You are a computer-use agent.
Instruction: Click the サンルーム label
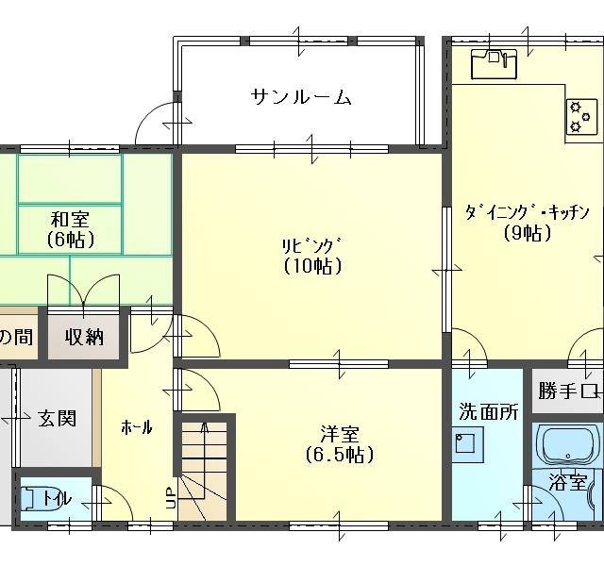[301, 97]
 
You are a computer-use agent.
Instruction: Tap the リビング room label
[312, 244]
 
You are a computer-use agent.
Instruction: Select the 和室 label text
[70, 220]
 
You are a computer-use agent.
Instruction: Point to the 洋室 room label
[340, 434]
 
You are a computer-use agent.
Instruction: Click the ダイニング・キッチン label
[527, 211]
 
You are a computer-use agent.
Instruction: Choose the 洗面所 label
[489, 411]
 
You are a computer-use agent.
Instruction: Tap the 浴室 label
[568, 483]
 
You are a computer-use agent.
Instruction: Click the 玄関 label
[58, 418]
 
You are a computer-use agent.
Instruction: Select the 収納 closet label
[85, 337]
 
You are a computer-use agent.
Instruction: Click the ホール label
[137, 427]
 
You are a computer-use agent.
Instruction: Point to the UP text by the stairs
[170, 497]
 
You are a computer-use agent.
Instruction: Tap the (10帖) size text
[312, 266]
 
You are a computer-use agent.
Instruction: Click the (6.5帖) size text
[340, 456]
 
